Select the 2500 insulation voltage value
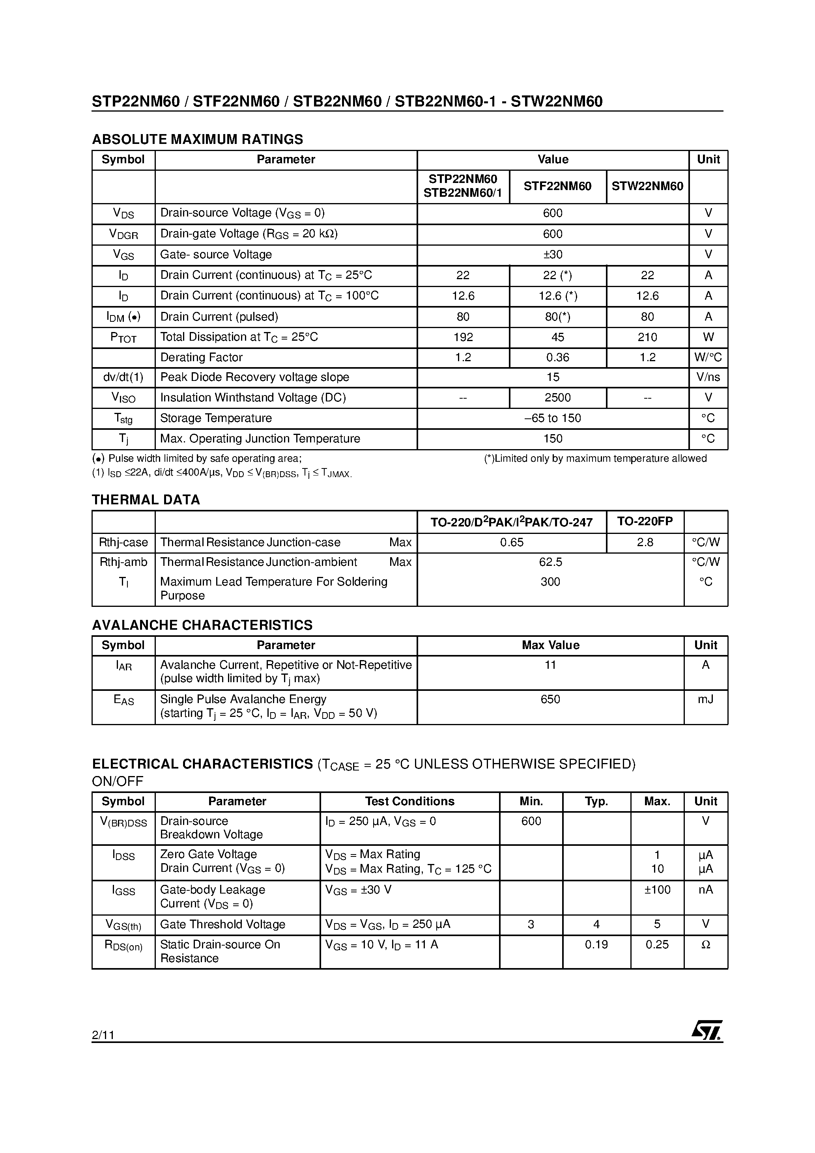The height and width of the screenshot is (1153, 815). click(557, 398)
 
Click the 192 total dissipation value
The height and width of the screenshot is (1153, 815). click(463, 337)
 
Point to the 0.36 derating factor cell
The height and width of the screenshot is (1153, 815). click(557, 358)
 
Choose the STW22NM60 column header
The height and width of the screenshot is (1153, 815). click(647, 186)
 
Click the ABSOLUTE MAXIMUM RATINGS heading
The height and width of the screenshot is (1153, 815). click(198, 139)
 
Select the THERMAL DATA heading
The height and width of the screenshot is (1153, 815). click(146, 500)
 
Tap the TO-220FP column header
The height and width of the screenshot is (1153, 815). click(645, 521)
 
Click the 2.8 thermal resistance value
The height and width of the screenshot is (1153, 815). click(645, 542)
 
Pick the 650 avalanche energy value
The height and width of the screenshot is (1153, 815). click(550, 699)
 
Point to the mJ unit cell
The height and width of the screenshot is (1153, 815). click(705, 699)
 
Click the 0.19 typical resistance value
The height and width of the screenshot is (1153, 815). click(596, 944)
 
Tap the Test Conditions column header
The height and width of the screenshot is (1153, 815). click(409, 802)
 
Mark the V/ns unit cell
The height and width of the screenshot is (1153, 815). click(708, 377)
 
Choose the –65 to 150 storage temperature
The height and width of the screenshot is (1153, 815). click(553, 418)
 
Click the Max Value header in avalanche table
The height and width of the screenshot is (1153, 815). click(550, 645)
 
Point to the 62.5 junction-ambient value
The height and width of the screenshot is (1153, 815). click(550, 562)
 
